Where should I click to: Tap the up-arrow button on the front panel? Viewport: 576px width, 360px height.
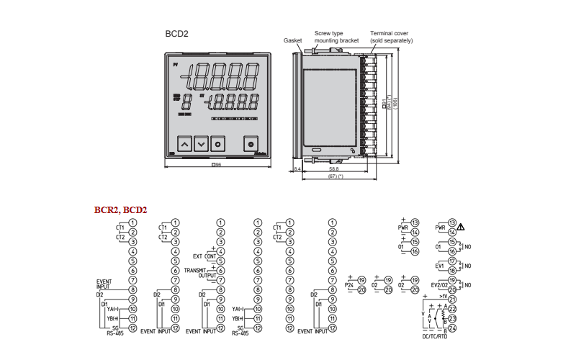[184, 144]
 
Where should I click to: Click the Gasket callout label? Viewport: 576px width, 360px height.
[292, 41]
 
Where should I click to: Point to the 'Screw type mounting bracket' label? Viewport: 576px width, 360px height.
[336, 37]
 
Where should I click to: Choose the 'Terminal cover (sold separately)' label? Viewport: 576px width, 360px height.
[391, 37]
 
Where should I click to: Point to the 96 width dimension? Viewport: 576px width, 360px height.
[217, 166]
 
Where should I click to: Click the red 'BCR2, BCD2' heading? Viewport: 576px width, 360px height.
[120, 210]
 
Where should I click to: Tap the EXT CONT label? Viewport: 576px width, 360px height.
[204, 256]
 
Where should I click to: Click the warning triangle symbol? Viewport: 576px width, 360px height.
[461, 228]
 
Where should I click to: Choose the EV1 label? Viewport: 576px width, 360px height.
[439, 265]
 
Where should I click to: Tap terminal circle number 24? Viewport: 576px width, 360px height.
[452, 328]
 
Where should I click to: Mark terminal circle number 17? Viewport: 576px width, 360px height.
[452, 261]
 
